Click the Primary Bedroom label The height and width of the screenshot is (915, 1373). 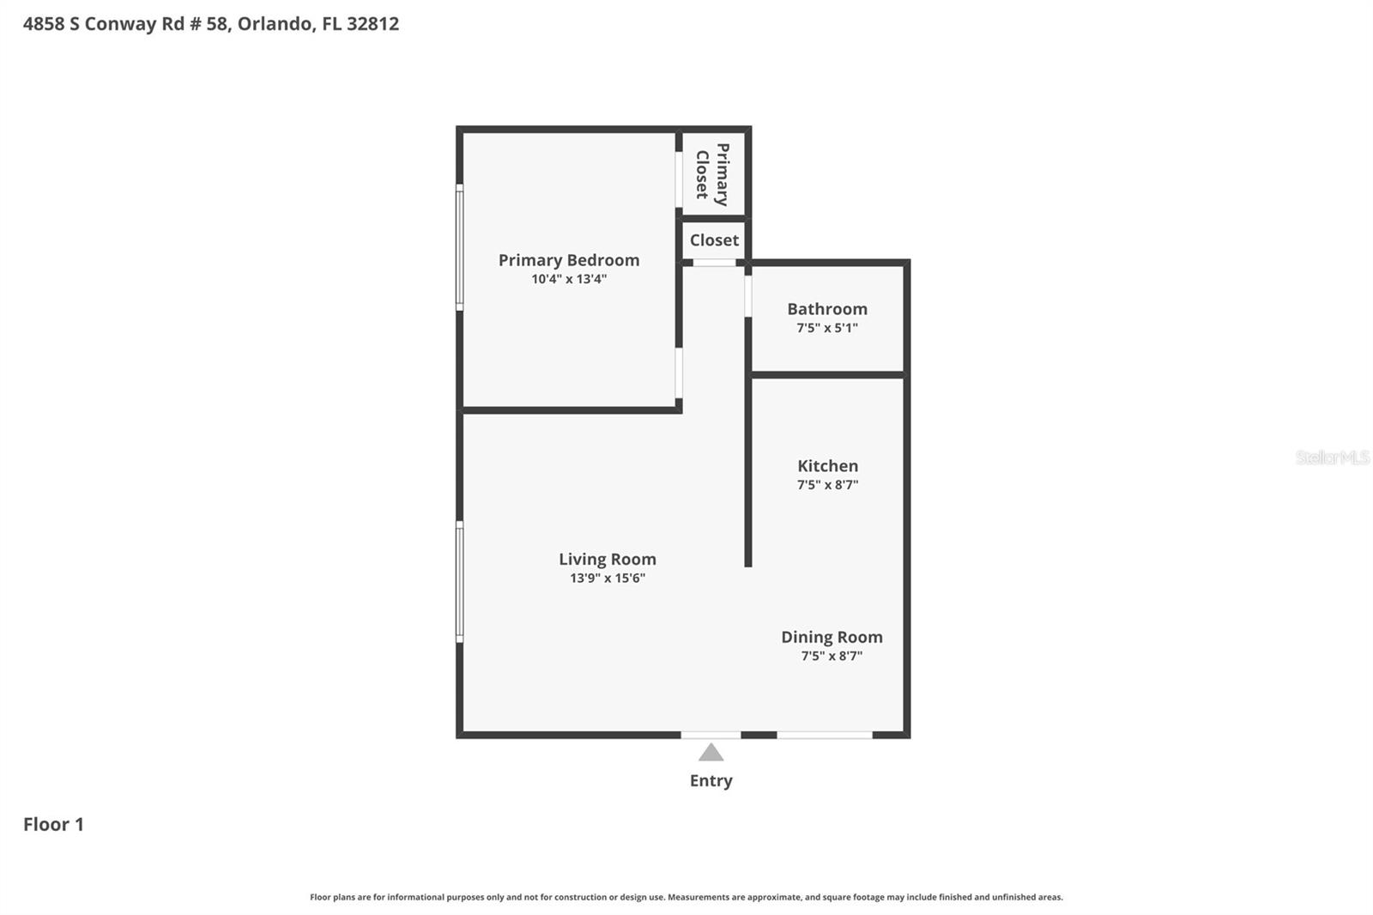coord(569,260)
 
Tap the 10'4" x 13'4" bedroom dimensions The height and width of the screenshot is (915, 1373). coord(569,279)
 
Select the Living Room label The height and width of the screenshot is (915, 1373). coord(608,560)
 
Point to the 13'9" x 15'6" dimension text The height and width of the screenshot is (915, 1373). coord(608,578)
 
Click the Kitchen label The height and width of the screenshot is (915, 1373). coord(827,466)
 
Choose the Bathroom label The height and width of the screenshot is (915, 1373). coord(827,309)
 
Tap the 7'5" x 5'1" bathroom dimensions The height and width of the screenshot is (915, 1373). coord(827,328)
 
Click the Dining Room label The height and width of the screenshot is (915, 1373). coord(832,637)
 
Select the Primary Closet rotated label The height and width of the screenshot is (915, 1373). coord(713,175)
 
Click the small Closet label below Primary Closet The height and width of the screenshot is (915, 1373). coord(714,240)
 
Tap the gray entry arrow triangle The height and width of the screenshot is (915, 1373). coord(711,754)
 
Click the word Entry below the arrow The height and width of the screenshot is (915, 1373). coord(711,781)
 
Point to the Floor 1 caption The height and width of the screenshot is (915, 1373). coord(53,824)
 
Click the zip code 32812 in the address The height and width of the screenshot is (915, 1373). coord(372,23)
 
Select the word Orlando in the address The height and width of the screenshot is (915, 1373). coord(275,23)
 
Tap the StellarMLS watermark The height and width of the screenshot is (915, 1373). coord(1333,457)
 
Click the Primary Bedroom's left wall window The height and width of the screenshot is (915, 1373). coord(459,247)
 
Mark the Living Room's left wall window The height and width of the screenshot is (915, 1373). coord(459,582)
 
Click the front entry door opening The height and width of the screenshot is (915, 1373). coord(711,735)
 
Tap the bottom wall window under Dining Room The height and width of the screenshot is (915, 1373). coord(825,735)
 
